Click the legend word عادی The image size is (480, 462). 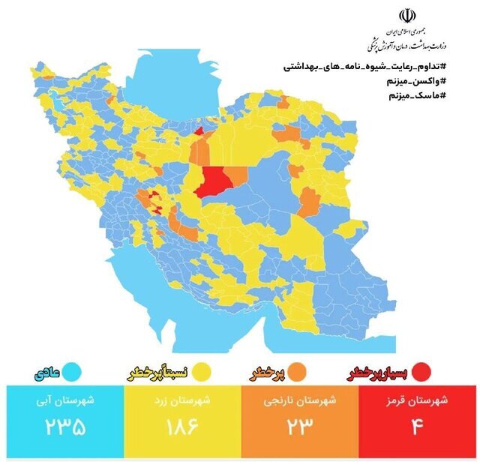pos(47,371)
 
